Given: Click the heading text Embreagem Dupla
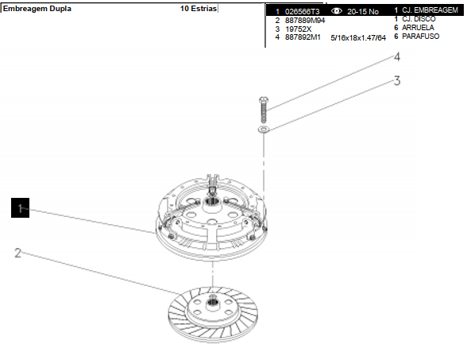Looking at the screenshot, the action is pos(37,8).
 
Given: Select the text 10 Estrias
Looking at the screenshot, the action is pos(199,8).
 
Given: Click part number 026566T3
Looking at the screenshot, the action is pos(302,12).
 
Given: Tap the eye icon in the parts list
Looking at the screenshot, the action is pos(337,11).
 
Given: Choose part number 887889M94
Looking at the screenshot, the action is pos(305,21).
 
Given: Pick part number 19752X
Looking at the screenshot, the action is pos(298,29).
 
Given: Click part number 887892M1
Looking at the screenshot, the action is pos(303,37).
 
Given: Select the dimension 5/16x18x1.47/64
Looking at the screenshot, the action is pos(358,38).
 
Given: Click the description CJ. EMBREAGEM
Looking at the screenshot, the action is pos(430,10).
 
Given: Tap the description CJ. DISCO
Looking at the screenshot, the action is pos(419,19).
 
